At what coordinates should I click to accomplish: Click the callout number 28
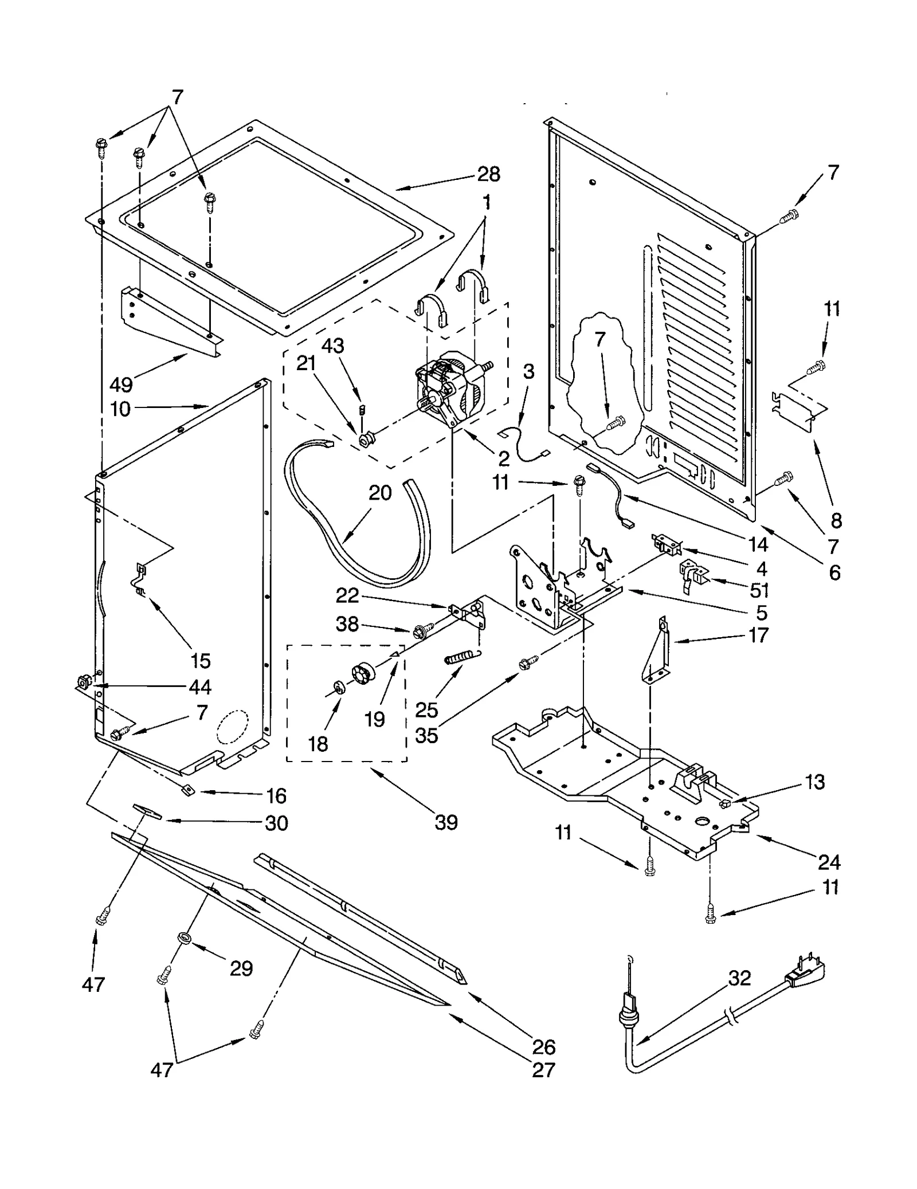(488, 174)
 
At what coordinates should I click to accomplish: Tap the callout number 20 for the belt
(380, 493)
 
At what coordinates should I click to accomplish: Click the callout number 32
(739, 978)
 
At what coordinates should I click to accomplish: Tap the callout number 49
(121, 384)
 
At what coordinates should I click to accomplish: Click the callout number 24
(829, 862)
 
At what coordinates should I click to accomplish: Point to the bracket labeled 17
(656, 650)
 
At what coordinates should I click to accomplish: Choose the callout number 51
(759, 590)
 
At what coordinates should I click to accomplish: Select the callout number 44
(200, 686)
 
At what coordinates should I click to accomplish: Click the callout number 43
(332, 346)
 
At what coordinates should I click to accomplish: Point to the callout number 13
(815, 782)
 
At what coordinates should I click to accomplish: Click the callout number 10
(120, 409)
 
